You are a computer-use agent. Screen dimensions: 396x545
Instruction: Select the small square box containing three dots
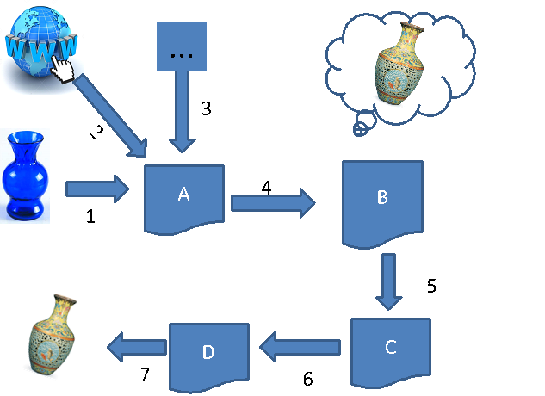pos(182,47)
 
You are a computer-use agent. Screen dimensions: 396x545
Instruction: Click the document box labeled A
pos(183,197)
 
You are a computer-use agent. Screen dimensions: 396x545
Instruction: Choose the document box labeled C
pos(390,348)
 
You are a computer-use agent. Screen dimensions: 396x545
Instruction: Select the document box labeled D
pos(208,353)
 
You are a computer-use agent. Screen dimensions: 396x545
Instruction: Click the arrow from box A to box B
pos(271,204)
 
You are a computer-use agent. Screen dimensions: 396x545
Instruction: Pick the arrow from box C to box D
pos(301,348)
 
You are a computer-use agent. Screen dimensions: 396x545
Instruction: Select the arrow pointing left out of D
pos(136,347)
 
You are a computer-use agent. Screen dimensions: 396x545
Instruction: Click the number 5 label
pos(432,286)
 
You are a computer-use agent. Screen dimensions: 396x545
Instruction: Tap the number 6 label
pos(307,379)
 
